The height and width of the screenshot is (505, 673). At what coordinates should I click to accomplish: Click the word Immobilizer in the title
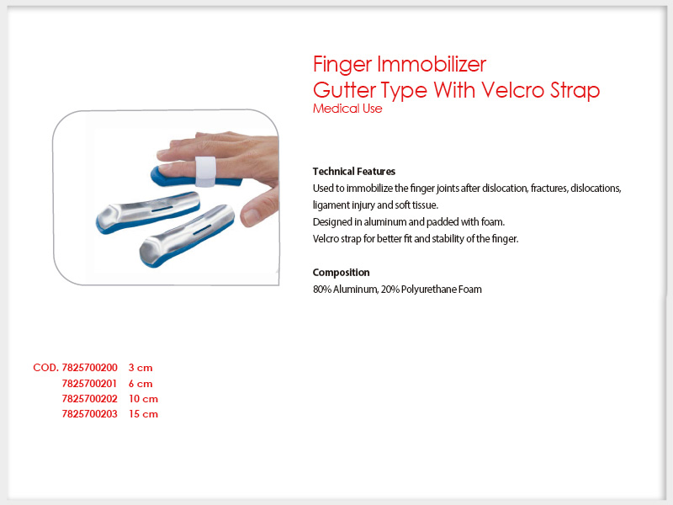432,65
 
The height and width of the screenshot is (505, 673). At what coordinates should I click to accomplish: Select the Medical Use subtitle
347,109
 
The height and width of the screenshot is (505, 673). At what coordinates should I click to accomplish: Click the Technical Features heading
353,172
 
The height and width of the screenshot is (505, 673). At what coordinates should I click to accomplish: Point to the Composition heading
341,273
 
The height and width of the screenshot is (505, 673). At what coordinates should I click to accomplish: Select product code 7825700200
89,368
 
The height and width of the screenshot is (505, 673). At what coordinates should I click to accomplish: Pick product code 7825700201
89,384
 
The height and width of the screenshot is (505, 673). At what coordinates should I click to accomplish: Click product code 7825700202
89,399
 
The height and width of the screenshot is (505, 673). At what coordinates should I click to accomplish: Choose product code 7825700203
89,414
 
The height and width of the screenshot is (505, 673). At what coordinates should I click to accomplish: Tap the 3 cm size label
140,368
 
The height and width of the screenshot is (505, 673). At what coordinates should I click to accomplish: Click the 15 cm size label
143,414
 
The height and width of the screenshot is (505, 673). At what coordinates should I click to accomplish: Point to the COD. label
46,368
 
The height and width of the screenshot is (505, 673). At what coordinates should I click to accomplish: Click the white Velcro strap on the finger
205,172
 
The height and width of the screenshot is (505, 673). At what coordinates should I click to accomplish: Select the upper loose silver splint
148,212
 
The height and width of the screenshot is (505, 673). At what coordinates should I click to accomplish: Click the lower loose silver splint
187,236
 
